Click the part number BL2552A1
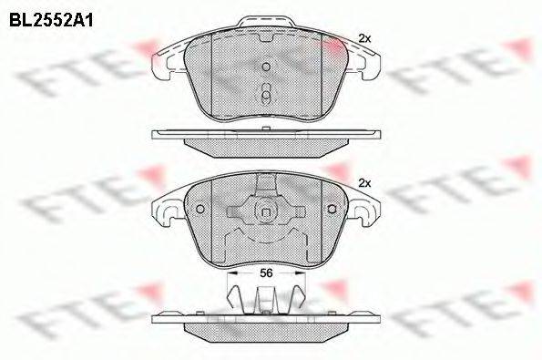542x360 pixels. pos(51,21)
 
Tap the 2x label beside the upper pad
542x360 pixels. pos(364,38)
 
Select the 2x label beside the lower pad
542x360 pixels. pos(364,183)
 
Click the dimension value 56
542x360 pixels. pos(266,273)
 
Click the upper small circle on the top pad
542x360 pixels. pos(266,67)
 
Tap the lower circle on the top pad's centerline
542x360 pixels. pos(266,95)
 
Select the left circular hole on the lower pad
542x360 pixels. pos(200,209)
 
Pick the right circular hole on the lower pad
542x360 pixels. pos(332,209)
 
